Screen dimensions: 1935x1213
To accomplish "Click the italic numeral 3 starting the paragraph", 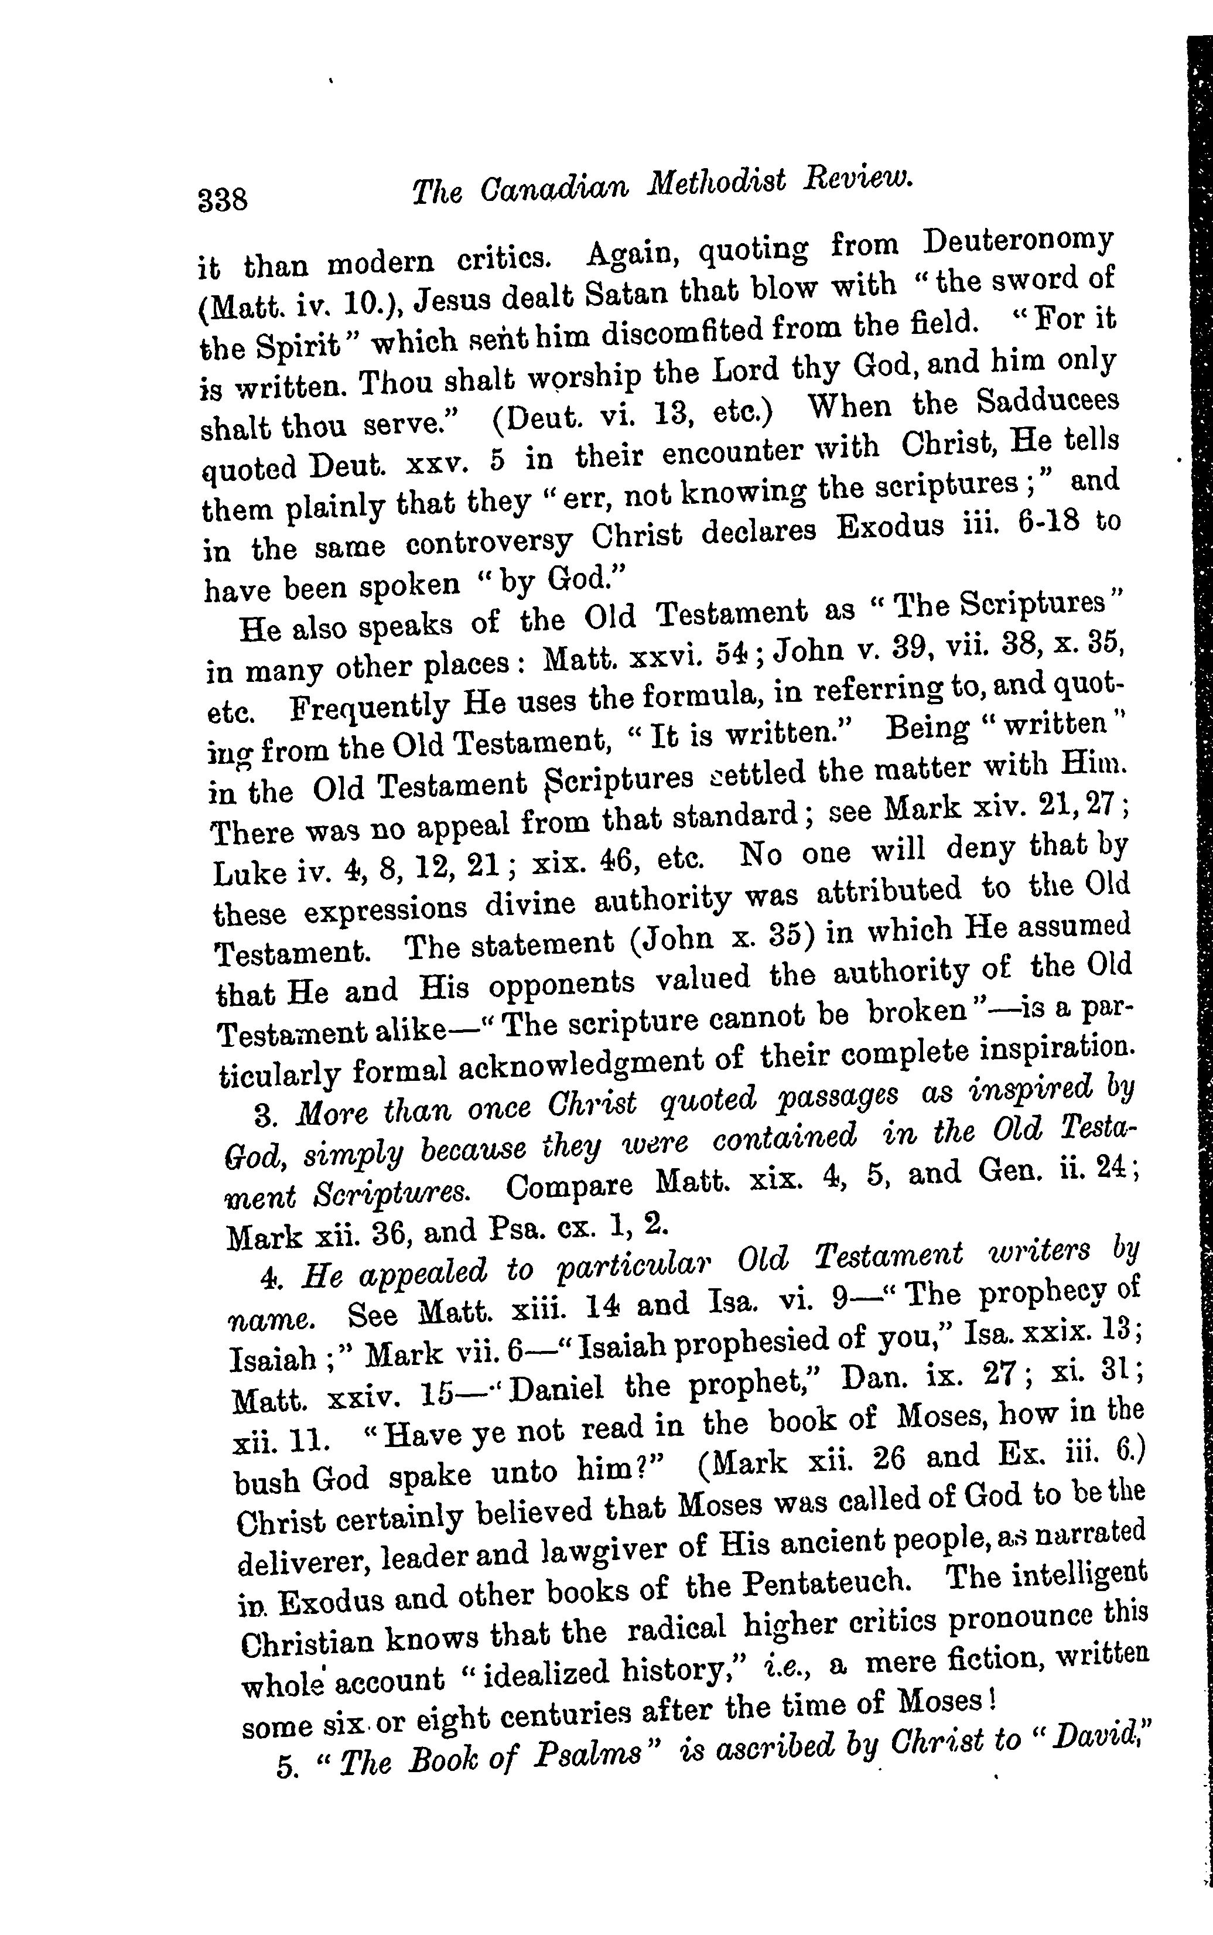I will click(x=260, y=1115).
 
